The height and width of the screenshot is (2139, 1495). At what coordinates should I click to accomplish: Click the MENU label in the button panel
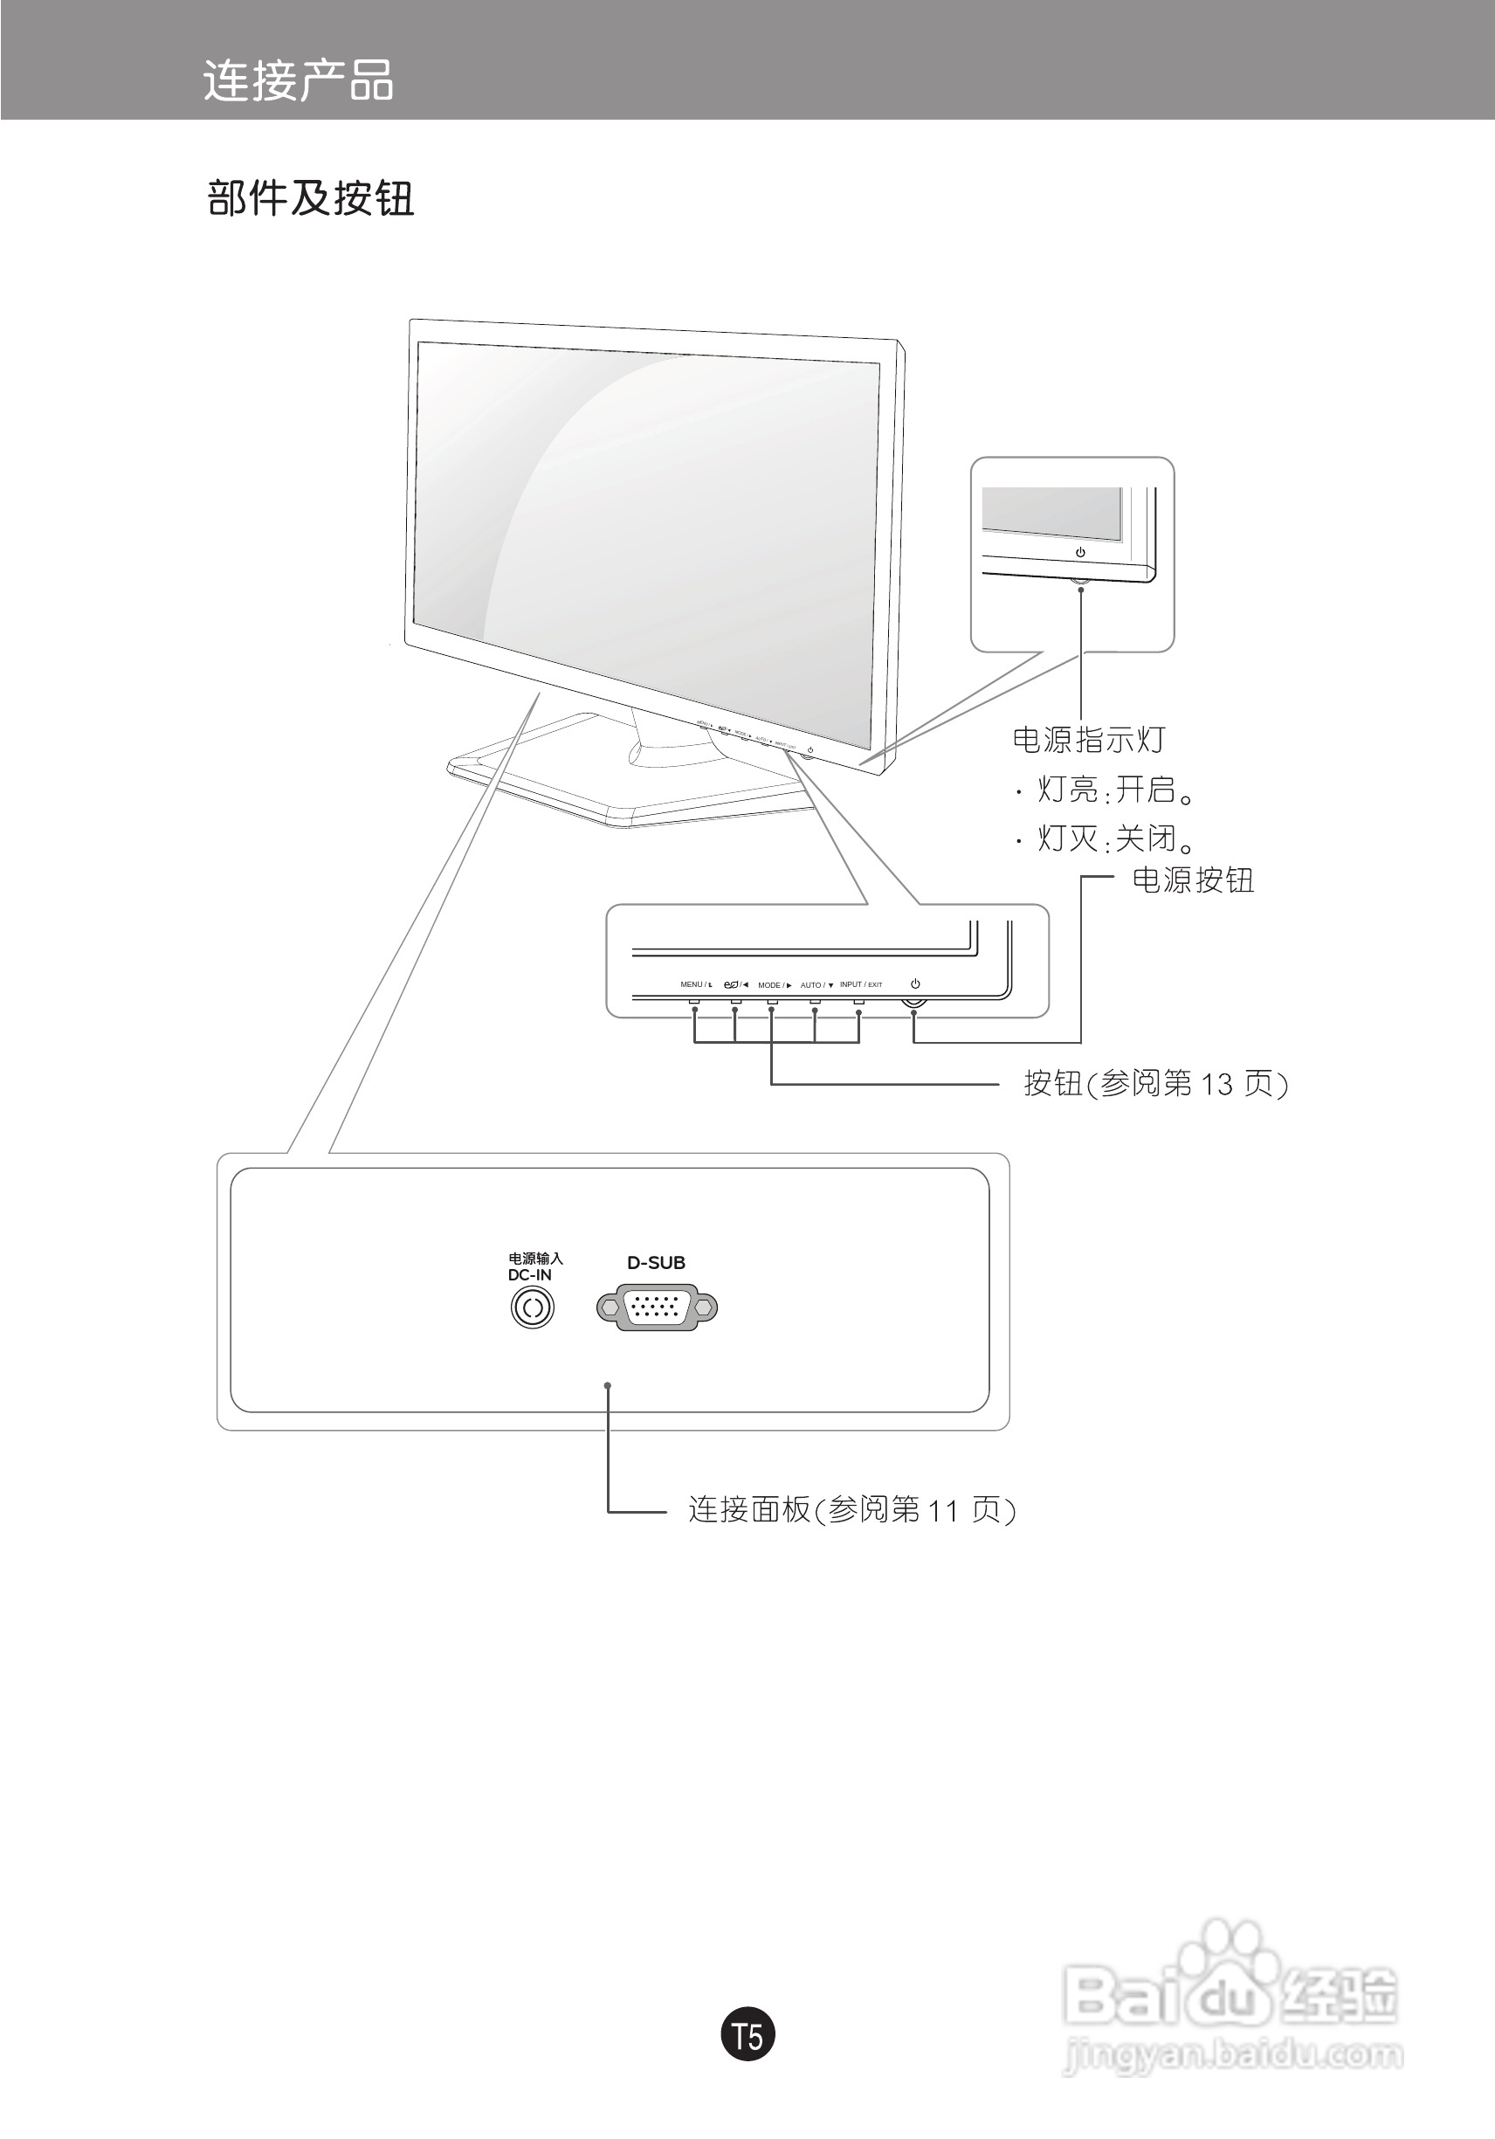[694, 984]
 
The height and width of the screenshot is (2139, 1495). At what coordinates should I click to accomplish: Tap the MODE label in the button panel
[772, 984]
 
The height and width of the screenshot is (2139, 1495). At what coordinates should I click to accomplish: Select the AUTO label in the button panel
[814, 984]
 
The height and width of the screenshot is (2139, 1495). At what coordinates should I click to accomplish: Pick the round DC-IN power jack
[533, 1308]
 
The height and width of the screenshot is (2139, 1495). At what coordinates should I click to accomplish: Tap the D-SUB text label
[656, 1263]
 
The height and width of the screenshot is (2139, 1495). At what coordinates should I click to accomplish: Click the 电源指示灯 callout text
[1088, 741]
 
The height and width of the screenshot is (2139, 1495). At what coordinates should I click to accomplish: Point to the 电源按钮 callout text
[1193, 880]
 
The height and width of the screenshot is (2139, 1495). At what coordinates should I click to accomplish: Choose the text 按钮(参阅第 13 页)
[1156, 1083]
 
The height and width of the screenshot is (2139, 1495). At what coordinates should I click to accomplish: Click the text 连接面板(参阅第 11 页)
[851, 1509]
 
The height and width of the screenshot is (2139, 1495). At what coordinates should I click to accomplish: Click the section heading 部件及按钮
[310, 198]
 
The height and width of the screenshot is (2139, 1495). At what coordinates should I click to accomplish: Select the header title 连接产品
[298, 80]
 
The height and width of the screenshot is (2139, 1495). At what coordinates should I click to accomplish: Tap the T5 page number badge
[747, 2037]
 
